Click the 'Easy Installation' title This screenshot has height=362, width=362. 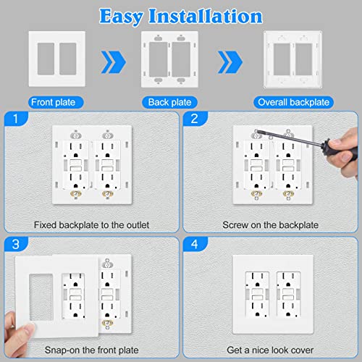pos(181,15)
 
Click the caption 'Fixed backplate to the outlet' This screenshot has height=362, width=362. pos(90,225)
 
